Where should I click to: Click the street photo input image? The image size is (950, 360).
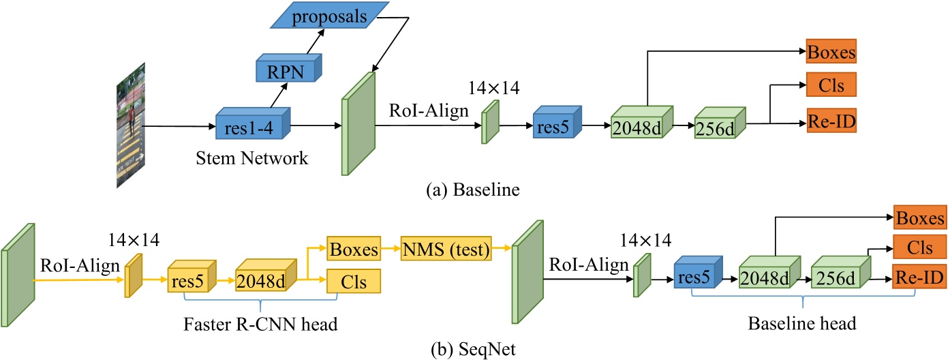point(132,125)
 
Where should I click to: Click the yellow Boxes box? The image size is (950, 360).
point(354,250)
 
